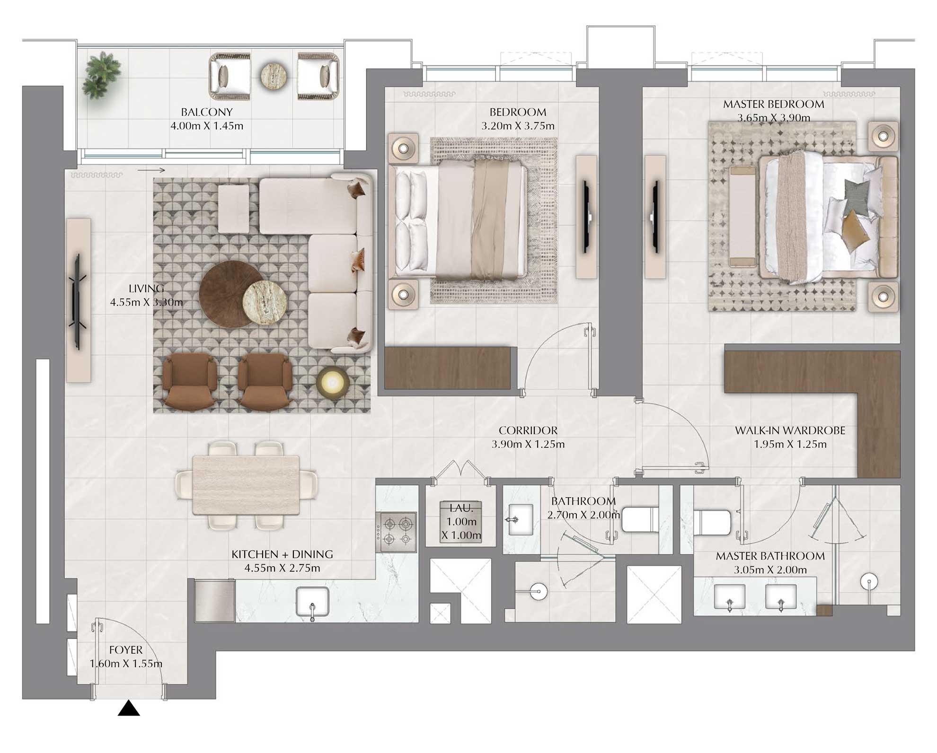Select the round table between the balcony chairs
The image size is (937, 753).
click(x=274, y=76)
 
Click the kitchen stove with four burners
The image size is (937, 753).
click(x=397, y=532)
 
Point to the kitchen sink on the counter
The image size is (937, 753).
click(x=312, y=602)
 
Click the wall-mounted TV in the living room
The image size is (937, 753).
click(x=77, y=301)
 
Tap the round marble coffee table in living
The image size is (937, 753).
click(x=265, y=303)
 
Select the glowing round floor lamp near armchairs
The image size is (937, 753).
click(x=333, y=381)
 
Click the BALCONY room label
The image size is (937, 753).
click(x=207, y=112)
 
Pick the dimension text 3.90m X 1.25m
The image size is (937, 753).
click(x=528, y=444)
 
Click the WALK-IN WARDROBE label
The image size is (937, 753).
click(x=790, y=430)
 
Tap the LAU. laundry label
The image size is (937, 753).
click(x=461, y=508)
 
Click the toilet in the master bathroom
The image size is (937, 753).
click(x=712, y=522)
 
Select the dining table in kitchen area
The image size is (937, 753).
click(x=246, y=485)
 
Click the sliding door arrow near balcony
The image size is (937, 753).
click(x=151, y=170)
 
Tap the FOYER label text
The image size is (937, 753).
click(x=126, y=650)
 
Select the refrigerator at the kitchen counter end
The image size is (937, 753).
click(x=214, y=601)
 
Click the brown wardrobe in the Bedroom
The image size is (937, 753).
click(x=447, y=368)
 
